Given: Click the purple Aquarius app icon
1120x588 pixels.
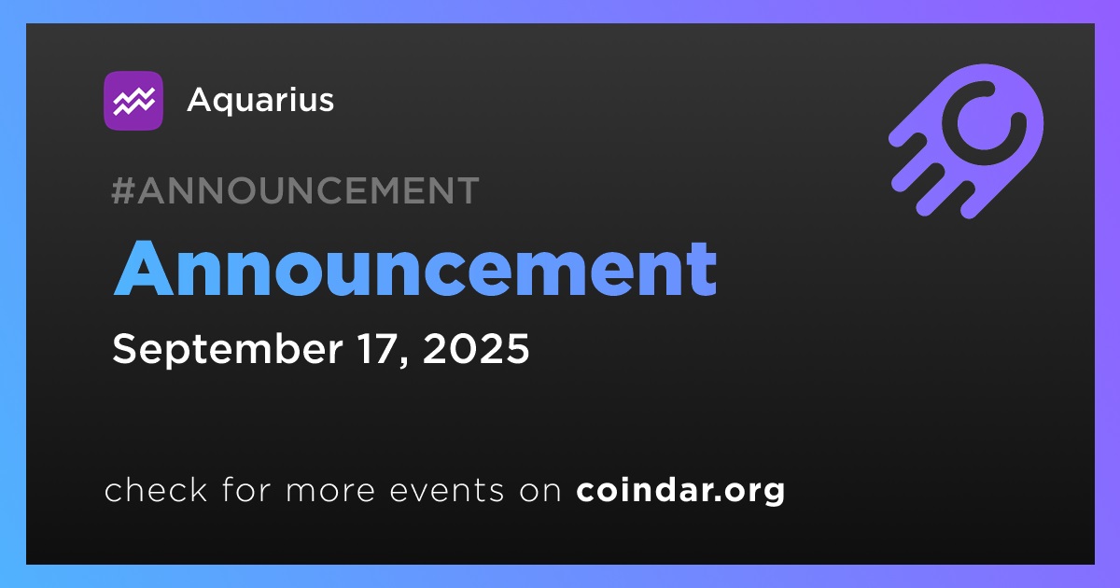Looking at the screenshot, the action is [133, 101].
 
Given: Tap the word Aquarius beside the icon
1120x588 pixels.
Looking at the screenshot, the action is [260, 100].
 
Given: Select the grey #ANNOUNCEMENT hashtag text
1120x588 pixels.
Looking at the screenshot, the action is [295, 190].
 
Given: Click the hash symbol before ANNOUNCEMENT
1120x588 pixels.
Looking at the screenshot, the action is [123, 190].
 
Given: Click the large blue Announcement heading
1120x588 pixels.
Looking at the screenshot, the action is [415, 269].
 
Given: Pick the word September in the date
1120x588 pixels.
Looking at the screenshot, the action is [228, 349].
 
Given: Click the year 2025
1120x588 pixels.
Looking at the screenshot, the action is [476, 348].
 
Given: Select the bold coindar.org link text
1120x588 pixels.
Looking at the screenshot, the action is [680, 490].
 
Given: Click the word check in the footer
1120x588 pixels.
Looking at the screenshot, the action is [156, 489].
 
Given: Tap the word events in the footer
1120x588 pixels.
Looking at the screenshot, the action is [447, 491].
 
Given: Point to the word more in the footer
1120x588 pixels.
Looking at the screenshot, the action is [330, 491].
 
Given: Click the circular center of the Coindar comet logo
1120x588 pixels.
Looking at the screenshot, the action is [984, 122].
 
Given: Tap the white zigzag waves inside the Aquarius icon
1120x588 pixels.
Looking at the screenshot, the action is [133, 101].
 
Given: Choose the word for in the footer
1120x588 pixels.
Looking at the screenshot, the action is [246, 489].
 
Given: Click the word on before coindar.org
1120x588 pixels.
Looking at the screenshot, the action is [540, 491].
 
